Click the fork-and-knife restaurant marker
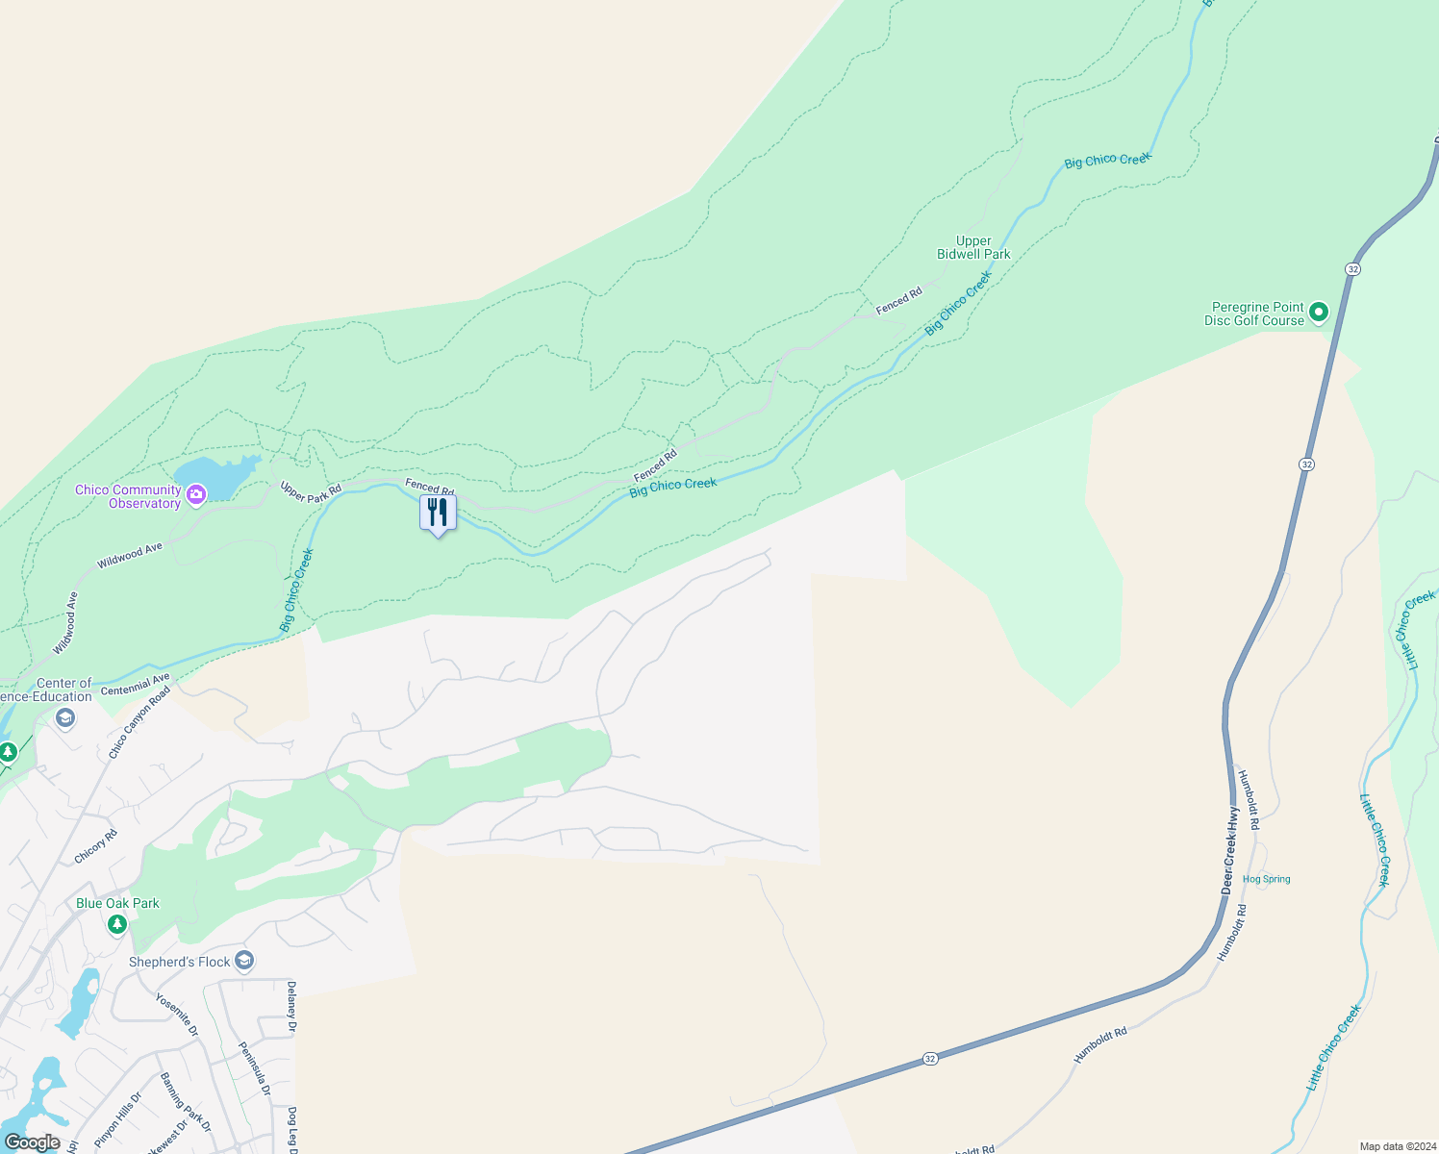pos(438,513)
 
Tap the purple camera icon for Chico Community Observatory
pos(196,495)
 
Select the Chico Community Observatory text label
pos(128,496)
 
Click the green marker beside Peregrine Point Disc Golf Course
pos(1319,312)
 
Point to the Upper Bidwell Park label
pos(973,248)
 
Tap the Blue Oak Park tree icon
pos(117,924)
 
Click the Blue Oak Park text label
pos(117,903)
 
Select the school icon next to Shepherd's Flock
pos(244,961)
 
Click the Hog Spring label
pos(1266,879)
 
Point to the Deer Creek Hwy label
pos(1231,850)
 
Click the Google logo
pos(32,1142)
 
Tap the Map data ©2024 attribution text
pos(1397,1146)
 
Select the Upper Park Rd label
pos(311,491)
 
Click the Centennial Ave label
pos(135,685)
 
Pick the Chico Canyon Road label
pos(139,722)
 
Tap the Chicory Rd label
pos(95,845)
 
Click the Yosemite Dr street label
pos(177,1015)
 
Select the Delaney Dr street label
pos(290,1007)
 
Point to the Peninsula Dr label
pos(255,1068)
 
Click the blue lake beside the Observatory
pos(214,478)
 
